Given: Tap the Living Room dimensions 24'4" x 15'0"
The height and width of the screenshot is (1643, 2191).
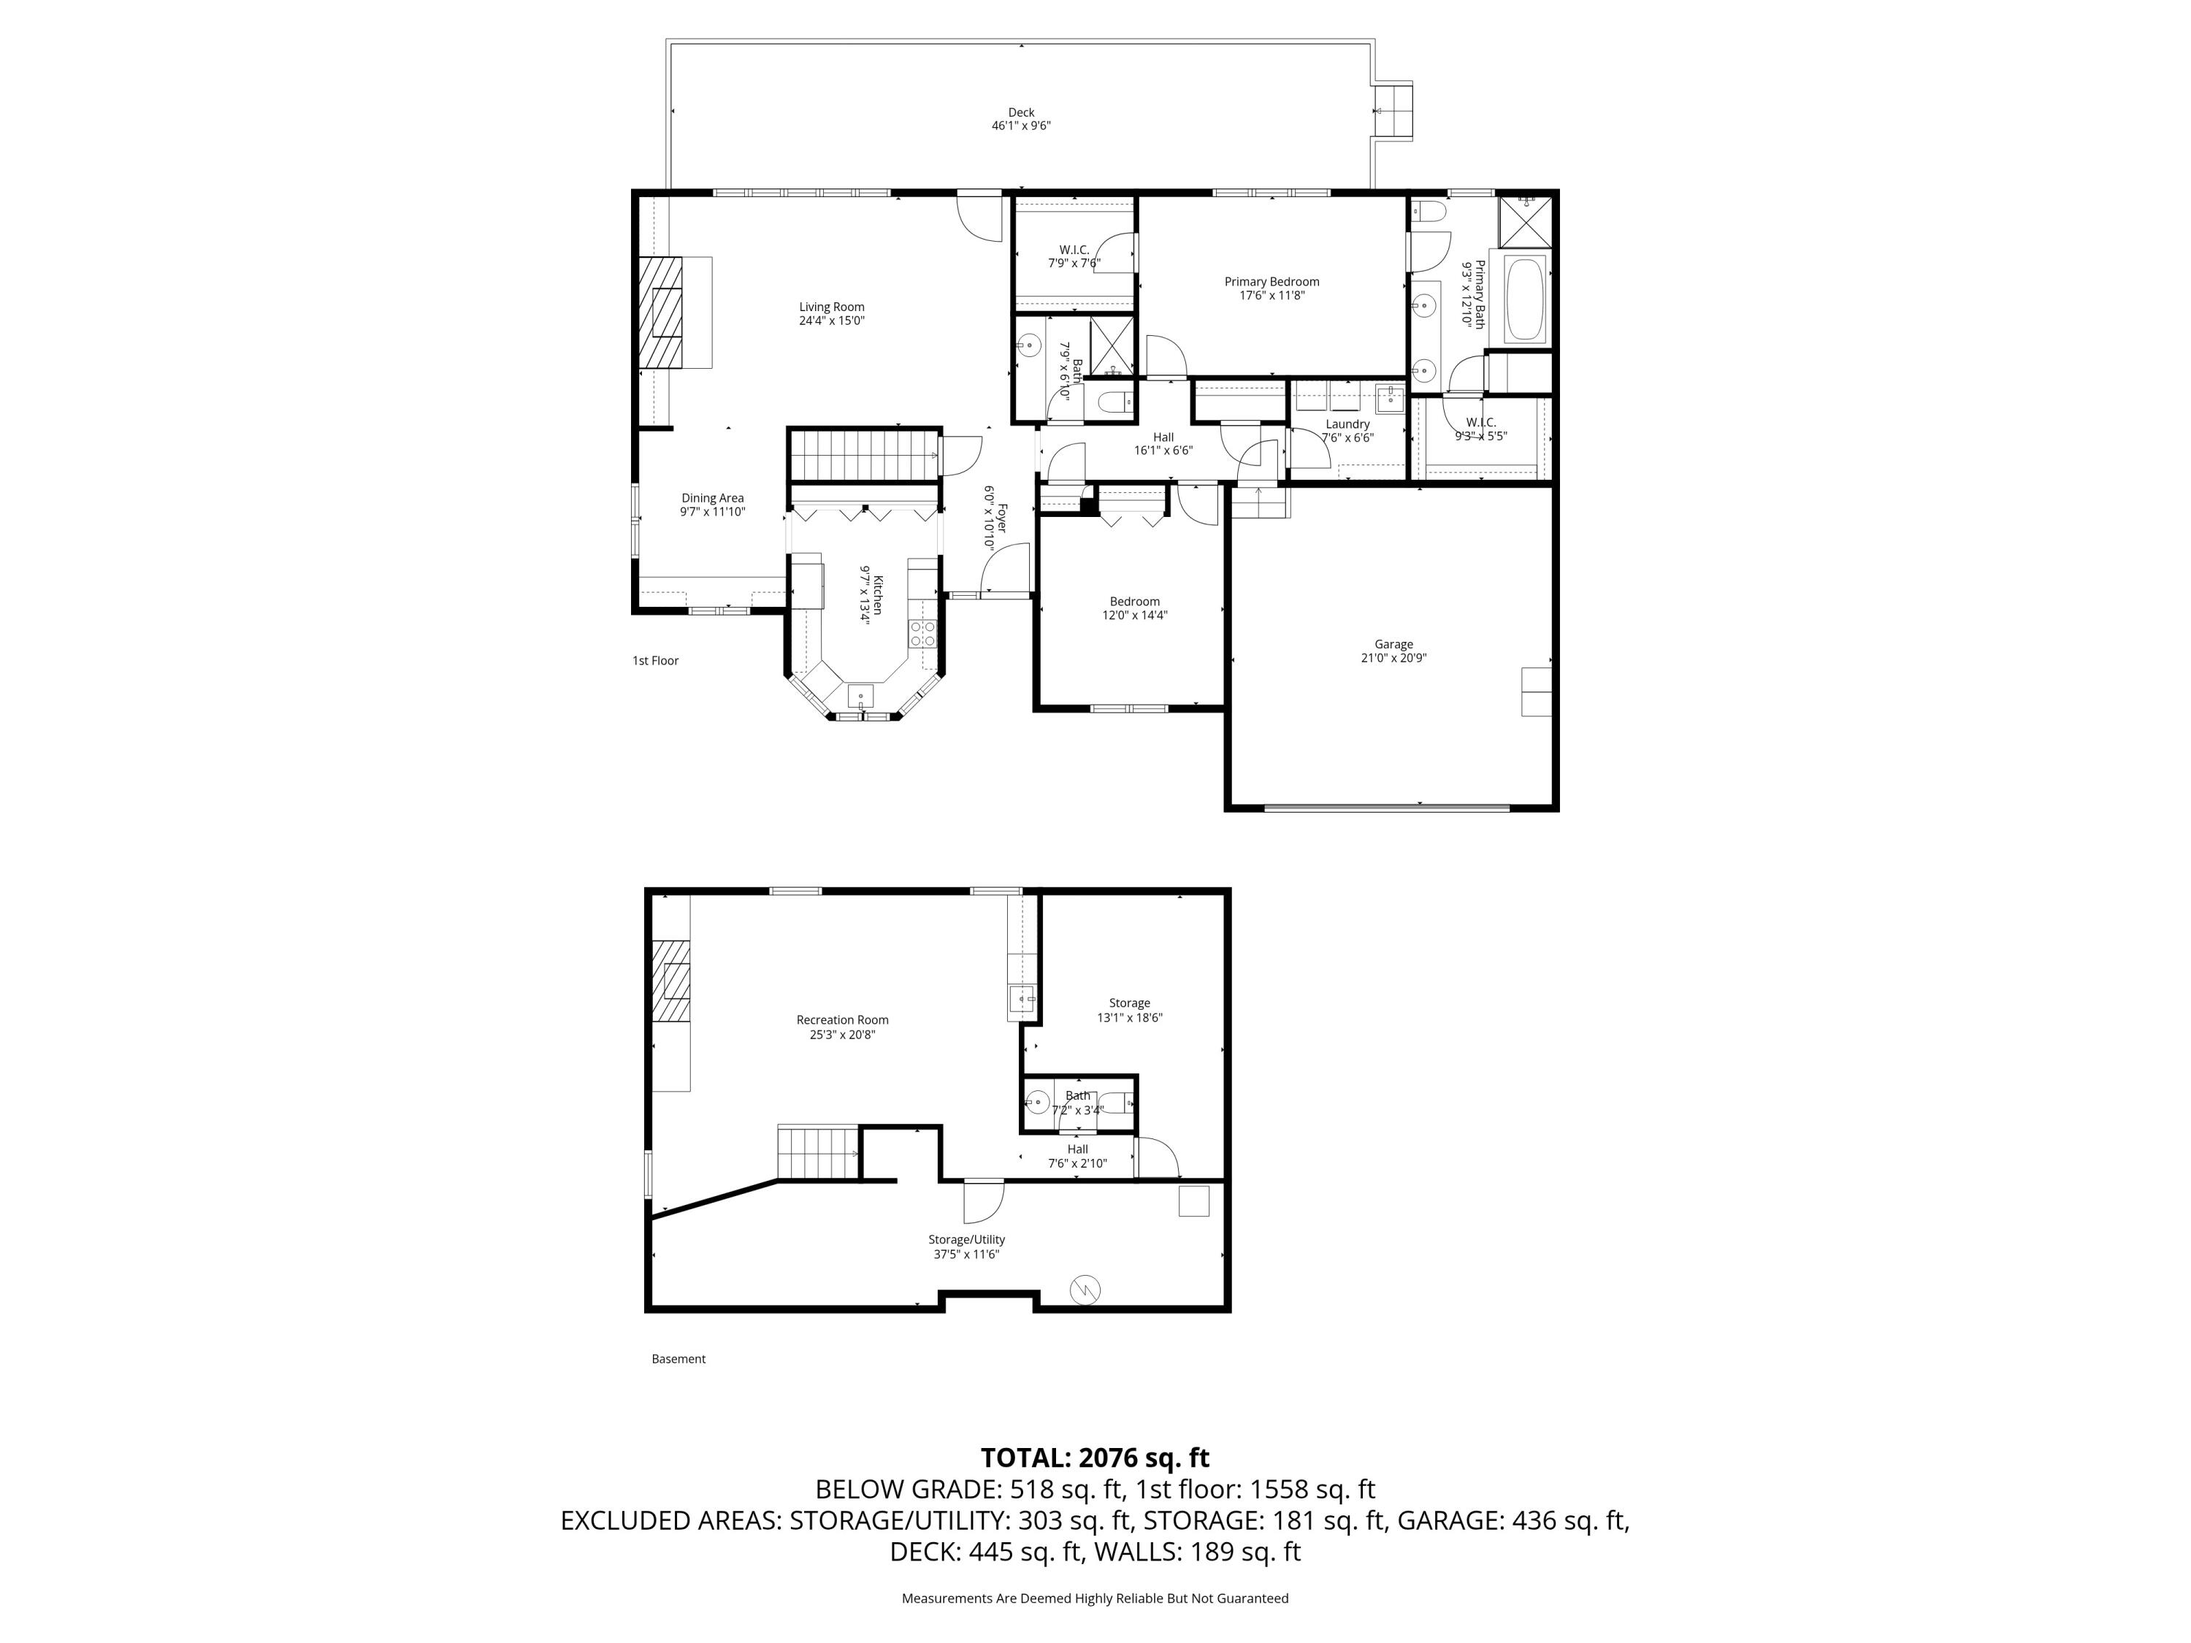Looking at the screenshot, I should click(832, 321).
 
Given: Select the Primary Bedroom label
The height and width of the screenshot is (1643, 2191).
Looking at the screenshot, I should click(1272, 281).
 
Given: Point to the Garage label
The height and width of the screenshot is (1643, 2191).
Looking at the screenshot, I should click(1393, 644).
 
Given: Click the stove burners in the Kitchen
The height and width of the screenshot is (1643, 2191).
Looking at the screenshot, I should click(922, 634).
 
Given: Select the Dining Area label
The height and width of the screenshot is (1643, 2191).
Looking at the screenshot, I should click(712, 498).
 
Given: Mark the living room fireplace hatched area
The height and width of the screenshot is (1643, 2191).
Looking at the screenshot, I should click(662, 312).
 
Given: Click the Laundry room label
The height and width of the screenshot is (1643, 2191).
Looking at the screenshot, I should click(1347, 424).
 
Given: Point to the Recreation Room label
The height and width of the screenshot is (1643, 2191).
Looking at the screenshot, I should click(842, 1019).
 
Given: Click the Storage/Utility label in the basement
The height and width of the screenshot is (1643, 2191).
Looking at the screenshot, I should click(967, 1239).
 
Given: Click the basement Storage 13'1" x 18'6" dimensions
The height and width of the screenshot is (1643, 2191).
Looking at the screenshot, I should click(1129, 1017).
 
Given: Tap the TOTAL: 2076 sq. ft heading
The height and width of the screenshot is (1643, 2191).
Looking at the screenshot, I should click(1095, 1458).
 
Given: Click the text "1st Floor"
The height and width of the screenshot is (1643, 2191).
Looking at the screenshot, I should click(656, 661).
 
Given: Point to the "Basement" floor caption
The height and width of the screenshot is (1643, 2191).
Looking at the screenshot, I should click(678, 1359).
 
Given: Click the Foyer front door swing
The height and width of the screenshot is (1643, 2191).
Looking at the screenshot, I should click(1006, 572).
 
